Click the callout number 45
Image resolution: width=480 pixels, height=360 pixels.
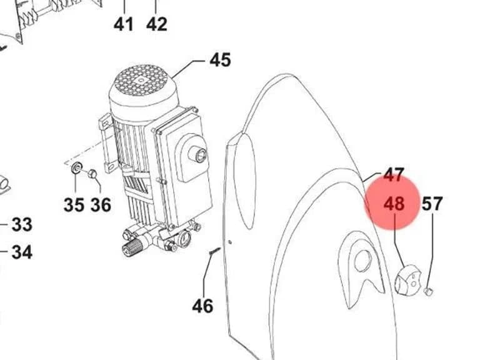pos(220,60)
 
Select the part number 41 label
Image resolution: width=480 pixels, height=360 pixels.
pos(124,24)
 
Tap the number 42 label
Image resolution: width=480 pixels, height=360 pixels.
pos(157,24)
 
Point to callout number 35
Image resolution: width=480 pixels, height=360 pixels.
pos(74,205)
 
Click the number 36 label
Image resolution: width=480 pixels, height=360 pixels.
pos(101,205)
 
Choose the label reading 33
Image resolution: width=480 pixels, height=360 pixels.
pos(22,224)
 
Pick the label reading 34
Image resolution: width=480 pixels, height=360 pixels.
pos(22,252)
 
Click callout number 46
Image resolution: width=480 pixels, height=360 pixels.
pos(202,306)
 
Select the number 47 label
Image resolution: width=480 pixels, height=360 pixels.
pos(394,175)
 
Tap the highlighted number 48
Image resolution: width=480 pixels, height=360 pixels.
pos(394,204)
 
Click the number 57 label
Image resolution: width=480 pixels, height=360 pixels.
pos(432,204)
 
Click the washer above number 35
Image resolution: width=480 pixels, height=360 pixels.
pos(76,167)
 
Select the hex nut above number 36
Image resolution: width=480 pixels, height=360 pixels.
pos(92,174)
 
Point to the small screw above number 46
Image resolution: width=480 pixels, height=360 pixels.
pos(215,251)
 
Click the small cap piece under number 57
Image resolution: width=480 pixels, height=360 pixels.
pos(429,291)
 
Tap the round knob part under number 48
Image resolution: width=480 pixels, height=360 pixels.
pos(408,279)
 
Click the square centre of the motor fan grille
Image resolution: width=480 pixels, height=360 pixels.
pos(141,81)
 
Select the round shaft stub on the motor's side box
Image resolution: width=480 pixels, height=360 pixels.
pos(198,154)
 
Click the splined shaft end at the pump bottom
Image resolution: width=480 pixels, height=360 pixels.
pos(129,249)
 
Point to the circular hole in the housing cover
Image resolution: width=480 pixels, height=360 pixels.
pos(362,261)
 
